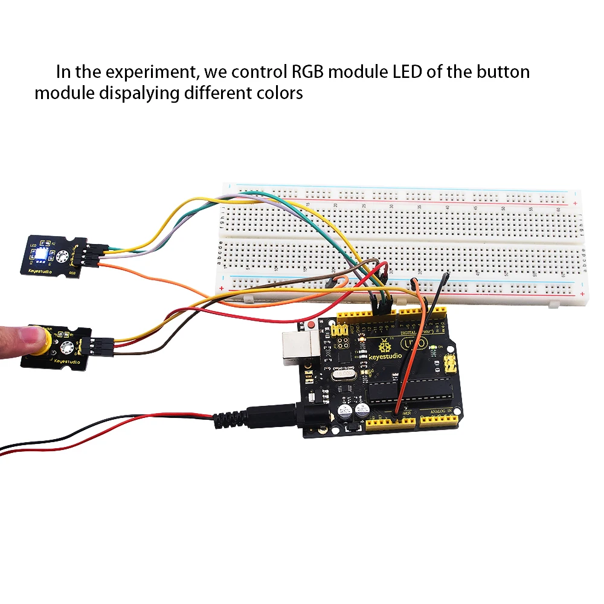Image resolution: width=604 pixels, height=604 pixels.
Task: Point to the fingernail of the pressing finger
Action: [x=24, y=331]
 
